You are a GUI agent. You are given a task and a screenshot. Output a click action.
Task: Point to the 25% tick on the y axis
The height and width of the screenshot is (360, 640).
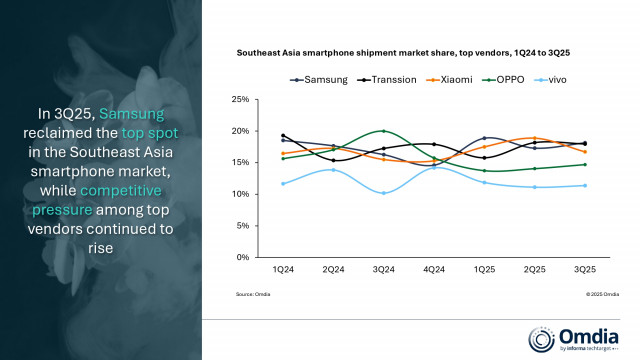point(240,100)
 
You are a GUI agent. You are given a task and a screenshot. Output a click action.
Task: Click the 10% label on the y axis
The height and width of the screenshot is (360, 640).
point(240,194)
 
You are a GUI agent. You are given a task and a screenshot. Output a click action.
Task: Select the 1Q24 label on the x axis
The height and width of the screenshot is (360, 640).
point(282,269)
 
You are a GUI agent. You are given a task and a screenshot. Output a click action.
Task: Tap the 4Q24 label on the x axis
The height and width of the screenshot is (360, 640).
point(433,269)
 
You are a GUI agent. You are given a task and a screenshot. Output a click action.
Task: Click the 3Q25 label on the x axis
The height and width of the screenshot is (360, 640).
point(584,269)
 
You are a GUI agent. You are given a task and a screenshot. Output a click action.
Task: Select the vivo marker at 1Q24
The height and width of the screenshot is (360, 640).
point(282,184)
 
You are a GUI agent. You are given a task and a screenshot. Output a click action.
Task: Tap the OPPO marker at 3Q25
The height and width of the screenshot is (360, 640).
point(584,165)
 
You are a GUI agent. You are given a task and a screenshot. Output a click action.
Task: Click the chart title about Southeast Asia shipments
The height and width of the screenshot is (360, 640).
point(409,52)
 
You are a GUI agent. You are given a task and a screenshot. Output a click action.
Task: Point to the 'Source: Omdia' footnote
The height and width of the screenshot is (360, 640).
point(252,294)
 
